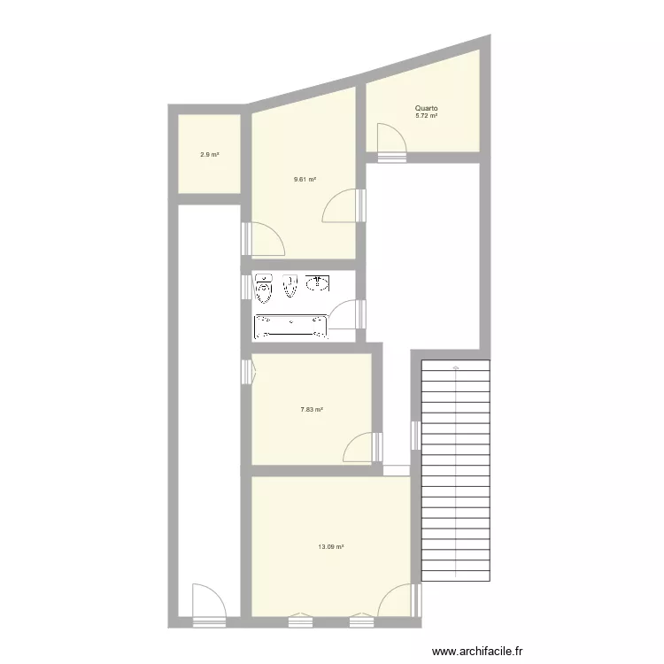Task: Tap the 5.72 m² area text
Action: point(428,116)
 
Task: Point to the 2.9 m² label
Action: point(210,155)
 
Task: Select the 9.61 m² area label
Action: point(305,179)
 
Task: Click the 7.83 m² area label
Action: point(311,409)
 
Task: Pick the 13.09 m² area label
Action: point(331,546)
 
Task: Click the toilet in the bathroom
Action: point(264,288)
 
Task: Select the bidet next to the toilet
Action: point(290,286)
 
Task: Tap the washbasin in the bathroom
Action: point(318,283)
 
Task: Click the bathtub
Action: point(290,326)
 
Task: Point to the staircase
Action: point(456,469)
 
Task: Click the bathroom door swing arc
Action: point(344,314)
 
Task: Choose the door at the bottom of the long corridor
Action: point(206,600)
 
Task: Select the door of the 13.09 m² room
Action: point(395,599)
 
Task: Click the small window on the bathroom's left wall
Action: point(244,284)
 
